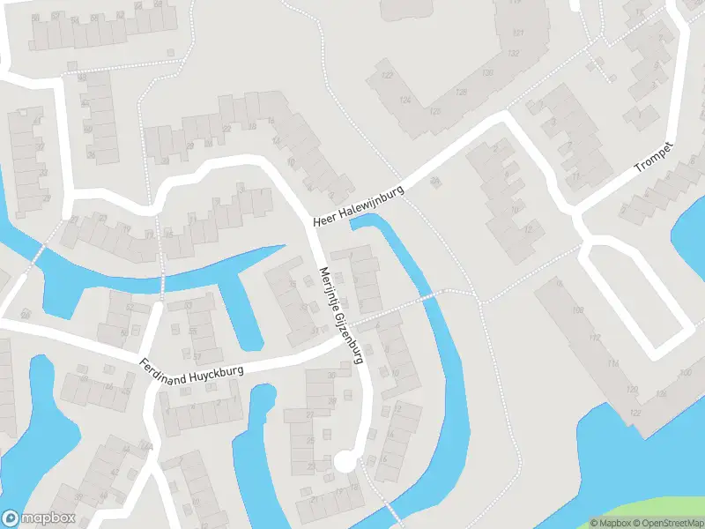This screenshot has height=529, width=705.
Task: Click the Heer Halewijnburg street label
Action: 352,210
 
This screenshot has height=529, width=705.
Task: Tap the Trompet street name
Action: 654,157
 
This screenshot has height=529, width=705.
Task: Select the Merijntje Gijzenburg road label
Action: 341,316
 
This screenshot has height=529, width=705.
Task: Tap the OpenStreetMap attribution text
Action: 667,523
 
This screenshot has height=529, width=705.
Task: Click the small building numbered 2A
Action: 434,181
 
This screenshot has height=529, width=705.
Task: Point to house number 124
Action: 404,101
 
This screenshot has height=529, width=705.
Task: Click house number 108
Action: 578,310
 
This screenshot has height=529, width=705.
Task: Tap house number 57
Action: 196,357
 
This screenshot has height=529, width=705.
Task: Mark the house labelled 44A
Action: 147,448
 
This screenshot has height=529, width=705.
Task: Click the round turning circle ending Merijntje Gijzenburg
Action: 345,460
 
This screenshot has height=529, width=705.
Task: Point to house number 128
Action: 460,93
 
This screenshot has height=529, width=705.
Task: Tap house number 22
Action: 309,414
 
